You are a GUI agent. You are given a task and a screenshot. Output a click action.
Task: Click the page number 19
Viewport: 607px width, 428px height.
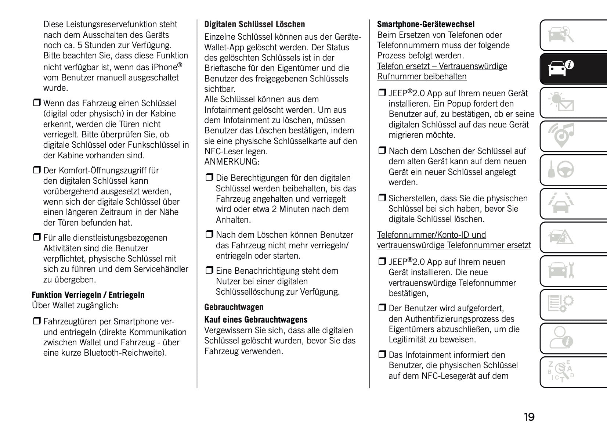[529, 417]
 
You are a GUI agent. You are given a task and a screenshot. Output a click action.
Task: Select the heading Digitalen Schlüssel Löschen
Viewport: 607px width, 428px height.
[254, 25]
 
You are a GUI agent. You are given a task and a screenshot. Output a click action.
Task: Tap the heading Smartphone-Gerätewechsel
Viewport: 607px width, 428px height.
[426, 25]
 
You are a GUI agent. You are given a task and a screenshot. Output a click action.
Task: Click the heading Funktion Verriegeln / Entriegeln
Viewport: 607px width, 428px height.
[88, 295]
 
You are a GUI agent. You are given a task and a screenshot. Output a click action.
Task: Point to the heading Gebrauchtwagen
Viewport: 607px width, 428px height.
[234, 307]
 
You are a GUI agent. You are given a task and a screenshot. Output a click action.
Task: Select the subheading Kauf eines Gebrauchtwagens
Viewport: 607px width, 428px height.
[256, 320]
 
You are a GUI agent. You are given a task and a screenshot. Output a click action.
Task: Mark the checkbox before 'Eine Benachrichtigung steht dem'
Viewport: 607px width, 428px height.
[209, 271]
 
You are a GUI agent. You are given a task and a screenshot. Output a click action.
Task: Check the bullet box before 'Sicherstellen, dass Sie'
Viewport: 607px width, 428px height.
[382, 199]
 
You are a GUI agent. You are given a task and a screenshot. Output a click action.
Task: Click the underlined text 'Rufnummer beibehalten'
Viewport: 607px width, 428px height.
[422, 77]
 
